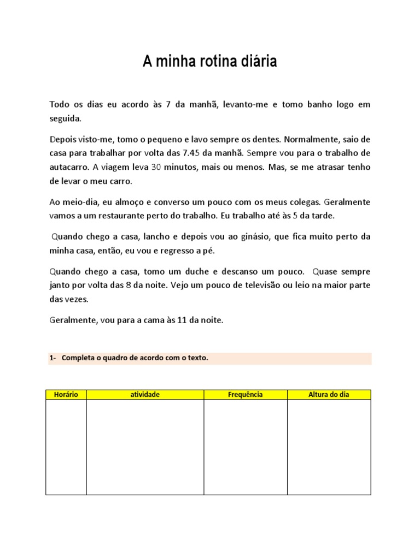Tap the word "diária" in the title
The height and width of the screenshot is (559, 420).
pyautogui.click(x=258, y=62)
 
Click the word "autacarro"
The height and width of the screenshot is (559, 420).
pyautogui.click(x=67, y=166)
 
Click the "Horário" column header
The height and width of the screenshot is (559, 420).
pyautogui.click(x=66, y=395)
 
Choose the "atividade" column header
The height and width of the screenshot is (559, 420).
pyautogui.click(x=145, y=395)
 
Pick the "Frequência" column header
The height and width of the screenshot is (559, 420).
pyautogui.click(x=245, y=395)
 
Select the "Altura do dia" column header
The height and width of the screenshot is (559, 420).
pyautogui.click(x=329, y=395)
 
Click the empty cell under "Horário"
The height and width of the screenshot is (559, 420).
pyautogui.click(x=66, y=447)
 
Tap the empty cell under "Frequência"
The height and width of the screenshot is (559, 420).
pyautogui.click(x=245, y=447)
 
